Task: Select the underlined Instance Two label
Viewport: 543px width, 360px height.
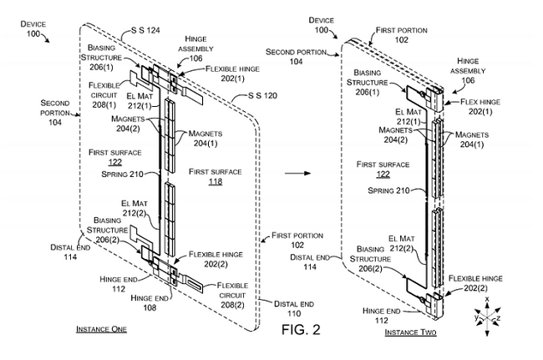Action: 410,332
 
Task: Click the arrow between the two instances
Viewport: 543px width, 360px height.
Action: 297,173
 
